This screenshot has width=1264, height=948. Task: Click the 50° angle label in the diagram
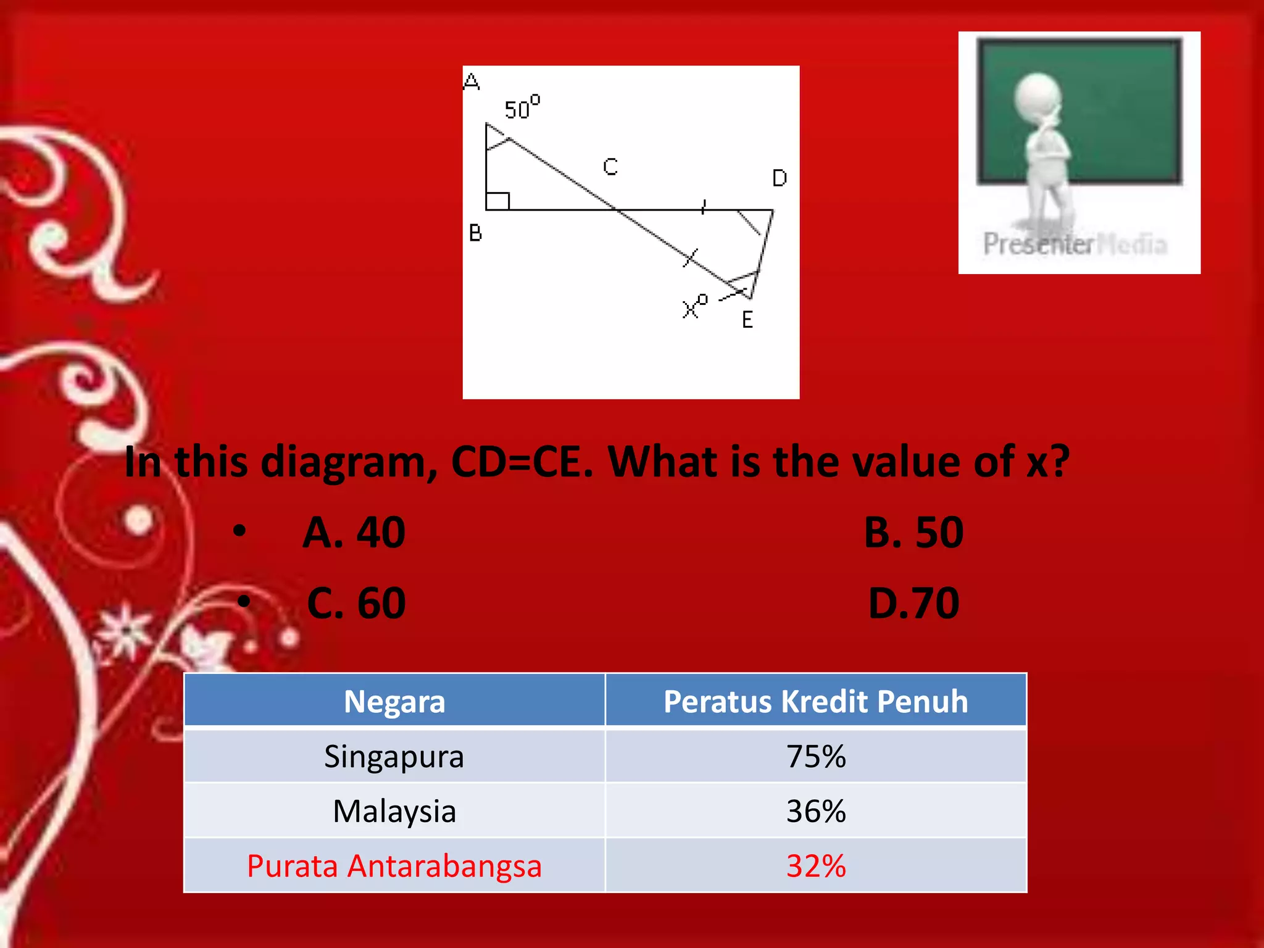click(x=522, y=108)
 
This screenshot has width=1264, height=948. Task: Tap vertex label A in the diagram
click(x=472, y=81)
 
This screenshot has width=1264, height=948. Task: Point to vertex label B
click(x=475, y=233)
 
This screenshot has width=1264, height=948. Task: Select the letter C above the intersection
click(x=610, y=167)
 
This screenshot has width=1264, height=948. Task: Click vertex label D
click(x=780, y=178)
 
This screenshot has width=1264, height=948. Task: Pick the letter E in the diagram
click(x=747, y=320)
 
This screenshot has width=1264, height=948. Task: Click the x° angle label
click(x=694, y=306)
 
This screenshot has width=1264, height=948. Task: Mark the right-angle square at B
click(x=497, y=201)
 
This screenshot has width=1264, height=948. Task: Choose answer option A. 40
click(x=354, y=532)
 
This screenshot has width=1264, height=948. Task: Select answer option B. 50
click(x=913, y=532)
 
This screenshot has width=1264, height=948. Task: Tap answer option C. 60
click(x=356, y=603)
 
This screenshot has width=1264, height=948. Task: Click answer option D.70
click(x=913, y=603)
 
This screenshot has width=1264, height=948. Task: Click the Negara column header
click(x=394, y=701)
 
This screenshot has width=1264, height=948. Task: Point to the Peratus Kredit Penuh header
click(x=815, y=701)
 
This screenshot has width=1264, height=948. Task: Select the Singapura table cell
click(x=394, y=756)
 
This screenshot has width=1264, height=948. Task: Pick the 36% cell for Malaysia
click(x=815, y=811)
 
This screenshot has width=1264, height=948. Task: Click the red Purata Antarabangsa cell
click(x=394, y=865)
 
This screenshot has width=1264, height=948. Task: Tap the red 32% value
click(x=815, y=865)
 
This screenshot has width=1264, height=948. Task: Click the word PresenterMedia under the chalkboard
click(x=1075, y=244)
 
